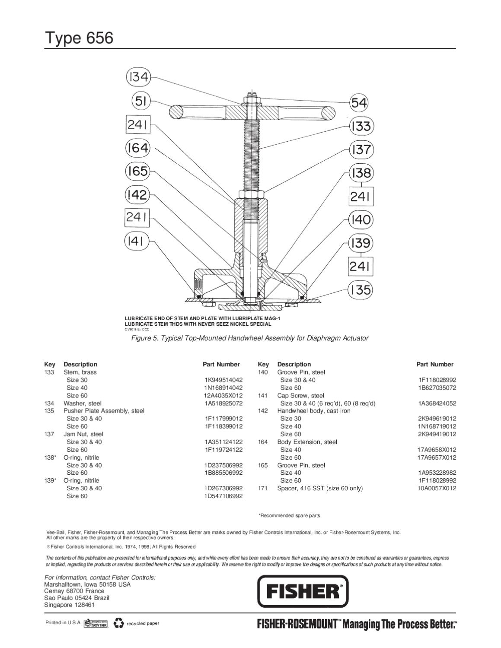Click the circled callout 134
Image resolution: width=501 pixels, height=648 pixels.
point(138,77)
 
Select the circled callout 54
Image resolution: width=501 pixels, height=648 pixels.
point(359,103)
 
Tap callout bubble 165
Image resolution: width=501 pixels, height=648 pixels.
point(137,172)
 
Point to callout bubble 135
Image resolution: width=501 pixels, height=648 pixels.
point(361,289)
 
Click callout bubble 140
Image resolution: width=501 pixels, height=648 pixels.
point(361,219)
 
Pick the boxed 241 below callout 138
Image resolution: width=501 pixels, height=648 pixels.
point(361,197)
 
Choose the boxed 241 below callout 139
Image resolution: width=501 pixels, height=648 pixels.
point(361,266)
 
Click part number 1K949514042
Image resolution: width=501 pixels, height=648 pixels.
point(223,380)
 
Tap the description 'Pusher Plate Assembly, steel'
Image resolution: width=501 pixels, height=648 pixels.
point(104,411)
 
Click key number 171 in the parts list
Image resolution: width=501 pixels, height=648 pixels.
point(263,488)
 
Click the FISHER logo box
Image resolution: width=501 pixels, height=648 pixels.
point(303,591)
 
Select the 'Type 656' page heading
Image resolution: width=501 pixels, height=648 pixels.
point(79,38)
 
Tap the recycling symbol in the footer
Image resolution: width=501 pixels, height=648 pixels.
point(118,623)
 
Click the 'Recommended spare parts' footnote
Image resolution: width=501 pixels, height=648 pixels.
point(289,515)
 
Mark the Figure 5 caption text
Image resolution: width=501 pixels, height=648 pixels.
point(250,338)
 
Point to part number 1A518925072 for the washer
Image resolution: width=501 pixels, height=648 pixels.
point(223,403)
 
